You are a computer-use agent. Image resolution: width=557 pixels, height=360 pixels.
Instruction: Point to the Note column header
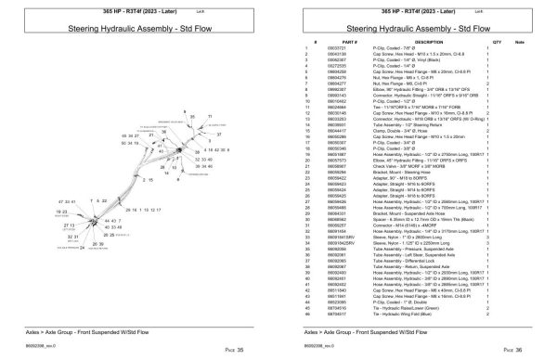coord(520,42)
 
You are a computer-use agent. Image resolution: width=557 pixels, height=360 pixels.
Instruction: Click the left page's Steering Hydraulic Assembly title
coord(138,30)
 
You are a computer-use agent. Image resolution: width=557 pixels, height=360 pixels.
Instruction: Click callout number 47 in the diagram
coord(61,201)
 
